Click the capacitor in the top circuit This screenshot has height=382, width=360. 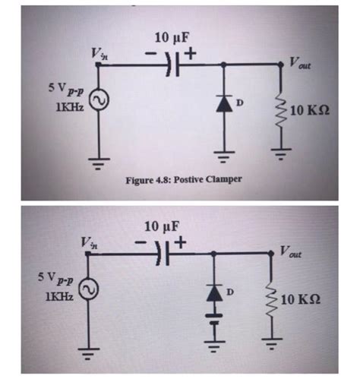pos(174,65)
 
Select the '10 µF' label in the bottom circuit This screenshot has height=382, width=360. pos(163,227)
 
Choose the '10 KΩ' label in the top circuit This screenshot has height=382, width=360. pos(310,112)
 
